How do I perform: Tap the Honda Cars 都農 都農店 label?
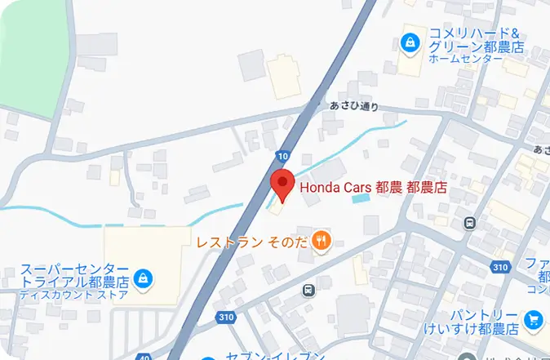(374, 188)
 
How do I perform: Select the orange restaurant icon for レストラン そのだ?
(323, 240)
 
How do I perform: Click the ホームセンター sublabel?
(465, 60)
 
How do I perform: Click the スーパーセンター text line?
(75, 269)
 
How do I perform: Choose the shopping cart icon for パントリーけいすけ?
(534, 320)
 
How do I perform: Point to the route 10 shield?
(282, 156)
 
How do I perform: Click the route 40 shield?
(144, 357)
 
